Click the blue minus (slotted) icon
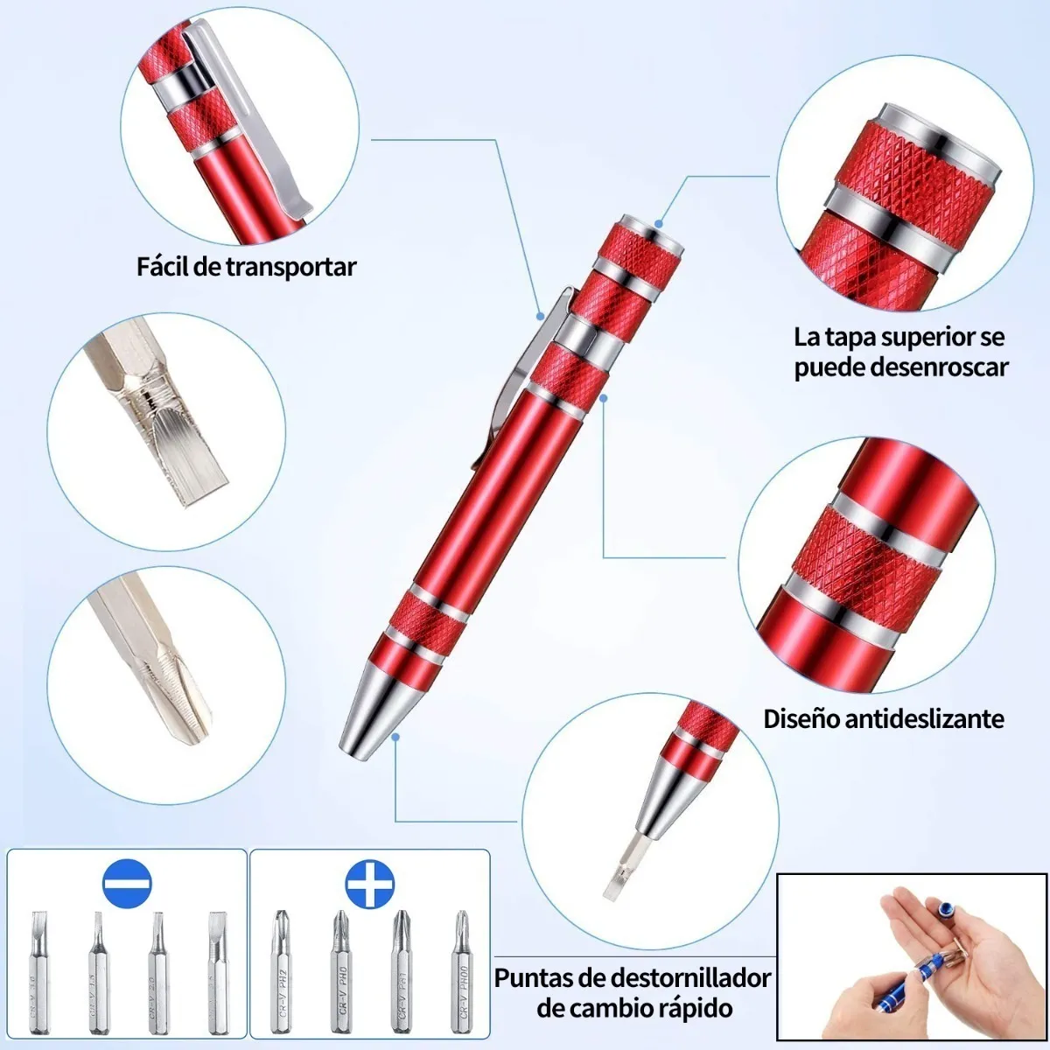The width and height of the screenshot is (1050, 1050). (128, 885)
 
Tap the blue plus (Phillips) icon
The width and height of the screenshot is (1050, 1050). (369, 885)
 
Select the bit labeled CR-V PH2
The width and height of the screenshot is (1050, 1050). (282, 971)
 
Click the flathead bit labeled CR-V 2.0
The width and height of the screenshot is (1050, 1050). (157, 971)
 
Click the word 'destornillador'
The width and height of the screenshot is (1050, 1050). (690, 978)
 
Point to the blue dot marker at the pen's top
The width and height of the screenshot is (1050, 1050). (659, 224)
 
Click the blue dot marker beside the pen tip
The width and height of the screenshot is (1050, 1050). (395, 737)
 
